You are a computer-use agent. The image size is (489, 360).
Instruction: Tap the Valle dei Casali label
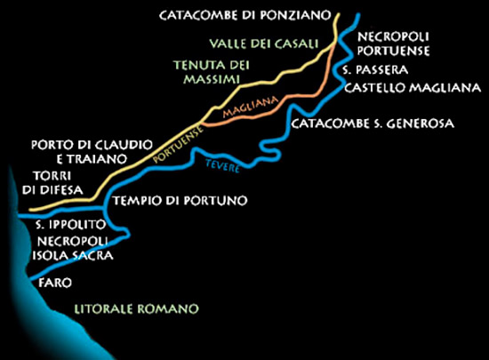tap(265, 43)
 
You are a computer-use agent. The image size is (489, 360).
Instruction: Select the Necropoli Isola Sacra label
tap(73, 249)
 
